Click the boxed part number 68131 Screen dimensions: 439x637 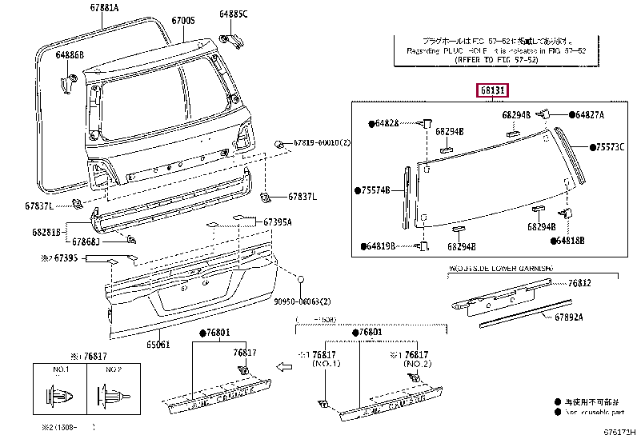(492, 90)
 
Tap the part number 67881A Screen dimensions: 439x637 (105, 9)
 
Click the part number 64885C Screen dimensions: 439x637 (234, 14)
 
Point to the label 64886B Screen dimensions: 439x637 (70, 55)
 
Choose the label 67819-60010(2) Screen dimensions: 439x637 (322, 142)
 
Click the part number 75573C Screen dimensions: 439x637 (608, 148)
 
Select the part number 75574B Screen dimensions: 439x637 (375, 190)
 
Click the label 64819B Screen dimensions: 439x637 (382, 246)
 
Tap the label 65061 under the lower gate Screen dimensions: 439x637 (158, 345)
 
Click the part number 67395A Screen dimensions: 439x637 (278, 221)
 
